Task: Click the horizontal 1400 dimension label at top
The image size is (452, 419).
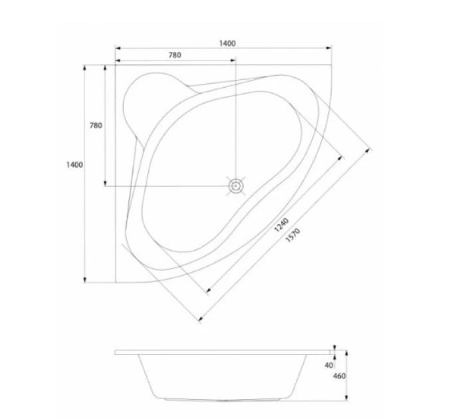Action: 227,43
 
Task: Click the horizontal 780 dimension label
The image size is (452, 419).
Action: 175,55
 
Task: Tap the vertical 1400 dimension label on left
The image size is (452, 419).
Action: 74,165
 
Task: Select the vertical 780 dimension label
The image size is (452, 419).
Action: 96,126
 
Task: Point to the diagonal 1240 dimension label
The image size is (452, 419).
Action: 281,225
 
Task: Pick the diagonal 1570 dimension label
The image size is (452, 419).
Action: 293,235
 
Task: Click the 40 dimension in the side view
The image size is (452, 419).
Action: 329,365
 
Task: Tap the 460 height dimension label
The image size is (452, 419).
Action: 339,376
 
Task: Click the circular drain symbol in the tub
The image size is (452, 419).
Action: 236,186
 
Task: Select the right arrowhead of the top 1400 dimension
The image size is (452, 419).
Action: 329,48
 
